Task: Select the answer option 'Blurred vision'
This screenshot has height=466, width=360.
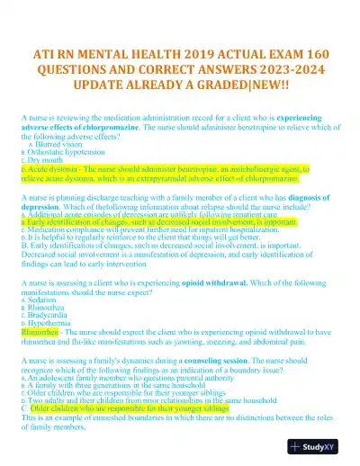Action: click(61, 144)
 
